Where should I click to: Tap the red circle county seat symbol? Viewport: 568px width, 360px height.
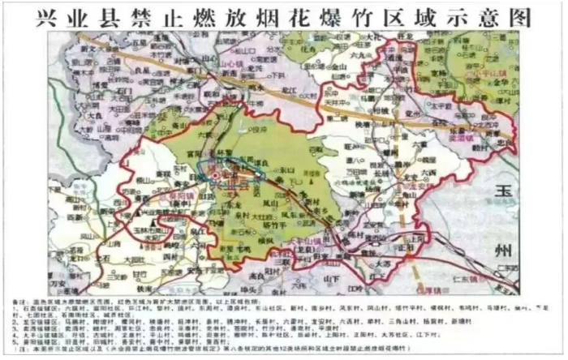tap(213, 176)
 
